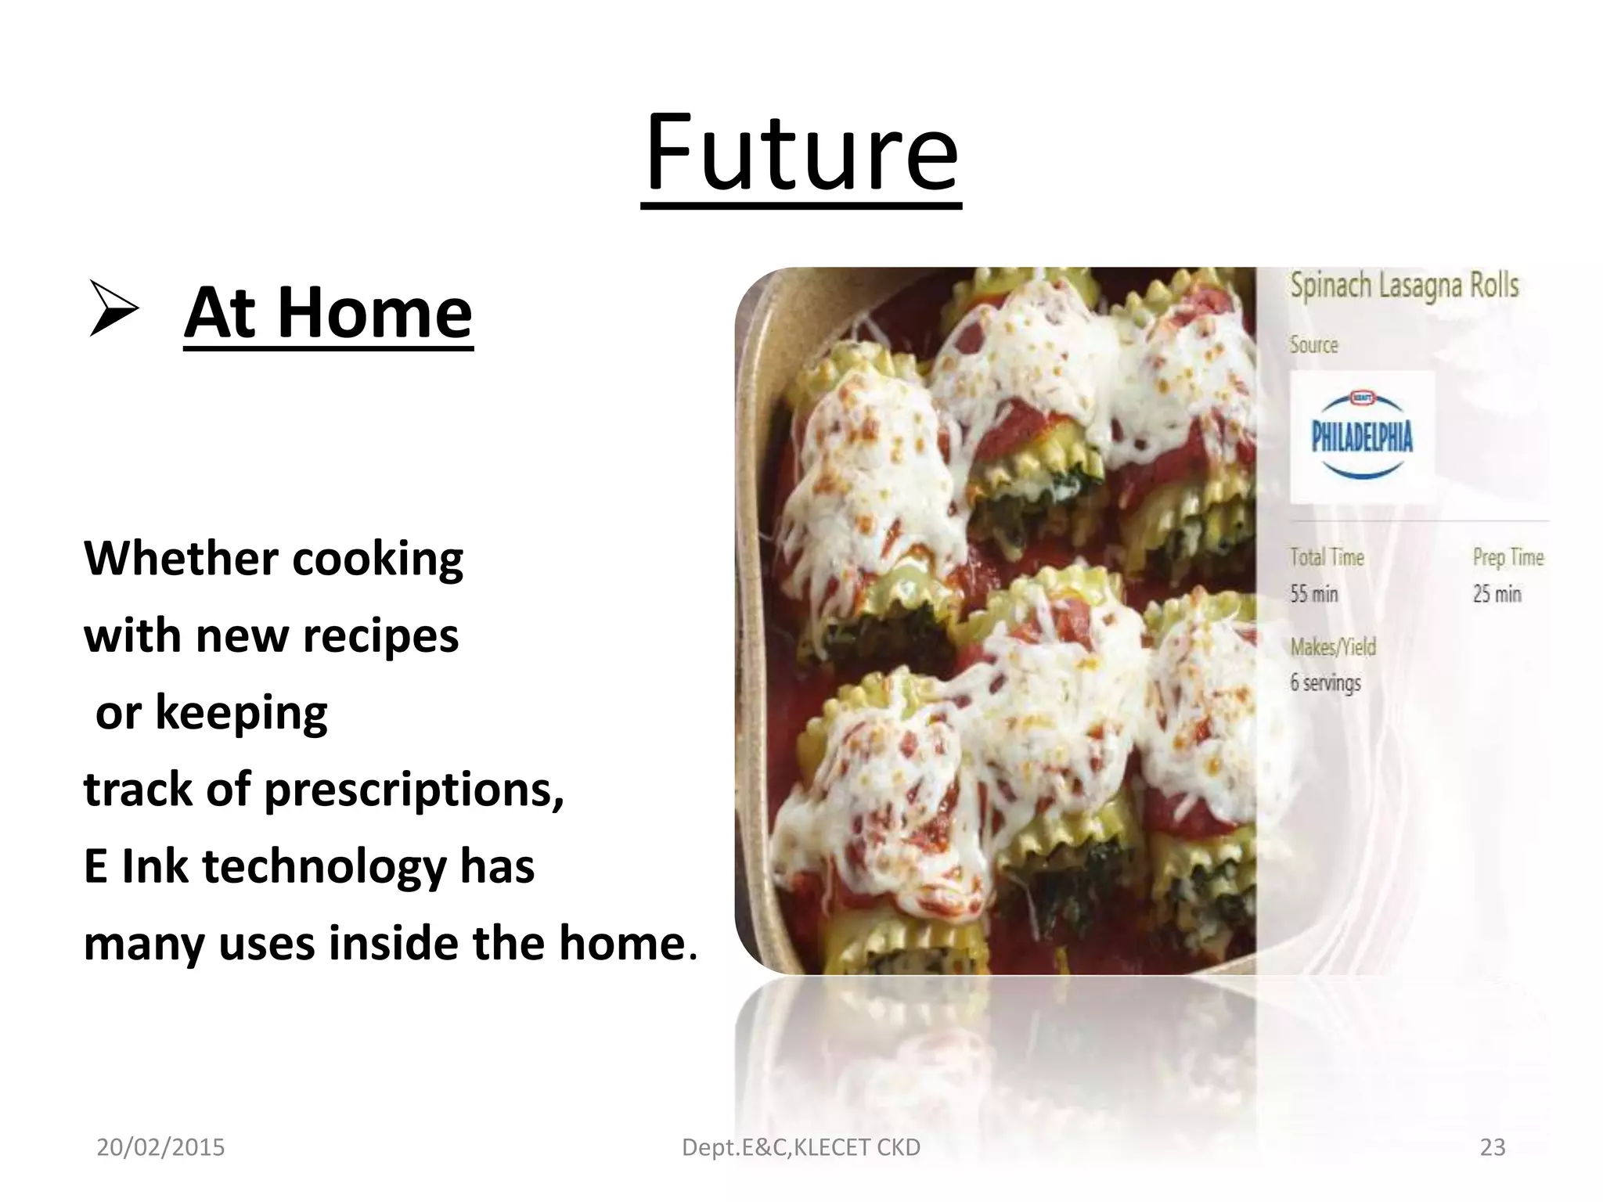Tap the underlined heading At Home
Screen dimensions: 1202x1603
328,313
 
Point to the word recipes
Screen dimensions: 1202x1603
380,635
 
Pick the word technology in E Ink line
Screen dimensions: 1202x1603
325,867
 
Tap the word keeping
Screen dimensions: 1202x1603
241,713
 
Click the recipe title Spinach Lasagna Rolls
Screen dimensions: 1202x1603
1404,286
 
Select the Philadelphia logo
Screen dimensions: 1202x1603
1362,435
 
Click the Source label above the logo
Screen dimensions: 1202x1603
1313,345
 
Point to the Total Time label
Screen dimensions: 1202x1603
1327,557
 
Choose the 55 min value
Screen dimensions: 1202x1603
1313,594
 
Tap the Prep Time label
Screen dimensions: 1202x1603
1508,557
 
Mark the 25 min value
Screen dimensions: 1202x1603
1496,594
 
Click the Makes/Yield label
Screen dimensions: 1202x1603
1333,647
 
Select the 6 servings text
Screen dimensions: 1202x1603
1325,682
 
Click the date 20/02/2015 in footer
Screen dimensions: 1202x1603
160,1147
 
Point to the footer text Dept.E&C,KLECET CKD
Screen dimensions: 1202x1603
801,1147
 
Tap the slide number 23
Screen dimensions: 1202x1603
1493,1147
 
